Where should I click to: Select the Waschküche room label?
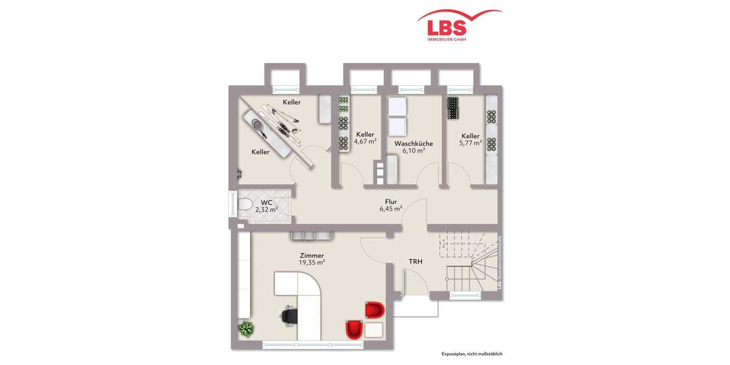click(x=414, y=144)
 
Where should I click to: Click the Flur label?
click(x=391, y=202)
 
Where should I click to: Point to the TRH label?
click(x=415, y=262)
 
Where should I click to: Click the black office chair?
click(x=290, y=315)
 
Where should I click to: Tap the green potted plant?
click(x=246, y=329)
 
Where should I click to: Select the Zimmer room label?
click(x=311, y=256)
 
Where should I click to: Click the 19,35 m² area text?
click(x=311, y=263)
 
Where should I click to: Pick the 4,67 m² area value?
click(x=365, y=141)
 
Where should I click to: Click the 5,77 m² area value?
click(x=470, y=143)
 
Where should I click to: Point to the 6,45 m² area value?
click(x=391, y=209)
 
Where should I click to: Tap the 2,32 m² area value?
click(x=266, y=209)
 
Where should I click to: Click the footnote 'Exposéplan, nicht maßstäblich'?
click(x=472, y=354)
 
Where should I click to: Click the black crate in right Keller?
click(x=454, y=108)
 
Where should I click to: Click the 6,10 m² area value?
click(x=414, y=151)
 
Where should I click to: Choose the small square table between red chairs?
click(x=374, y=330)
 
